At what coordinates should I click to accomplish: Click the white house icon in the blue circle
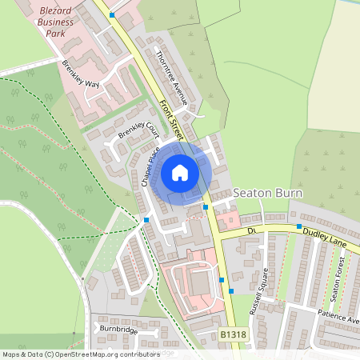click(x=180, y=172)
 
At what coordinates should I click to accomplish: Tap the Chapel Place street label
click(x=151, y=166)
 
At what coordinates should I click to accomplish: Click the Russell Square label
click(x=265, y=290)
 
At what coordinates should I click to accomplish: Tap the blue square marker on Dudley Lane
click(x=299, y=227)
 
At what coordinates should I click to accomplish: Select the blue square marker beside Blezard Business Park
click(x=112, y=15)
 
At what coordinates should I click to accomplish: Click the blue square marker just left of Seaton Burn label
click(x=206, y=207)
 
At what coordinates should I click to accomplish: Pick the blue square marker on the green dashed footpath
click(x=146, y=219)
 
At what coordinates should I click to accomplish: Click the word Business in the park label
click(x=55, y=22)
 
